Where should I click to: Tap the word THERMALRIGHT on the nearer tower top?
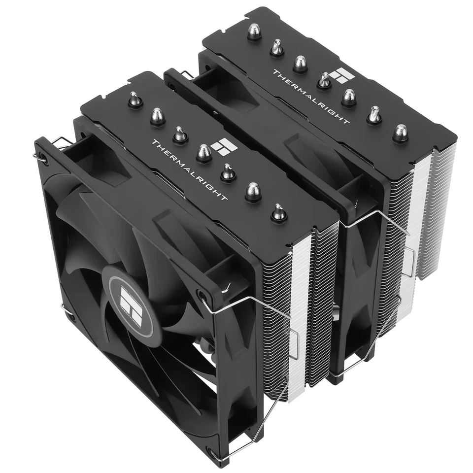tap(190, 170)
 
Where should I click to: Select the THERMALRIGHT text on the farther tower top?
tap(311, 96)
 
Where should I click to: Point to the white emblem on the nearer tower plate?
tap(221, 146)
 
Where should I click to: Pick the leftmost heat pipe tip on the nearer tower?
tap(135, 101)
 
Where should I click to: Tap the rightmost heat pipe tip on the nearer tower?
tap(279, 212)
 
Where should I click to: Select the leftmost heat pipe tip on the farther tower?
tap(254, 32)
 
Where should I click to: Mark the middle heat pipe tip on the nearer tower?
tap(204, 153)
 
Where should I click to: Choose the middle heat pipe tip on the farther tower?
tap(324, 80)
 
